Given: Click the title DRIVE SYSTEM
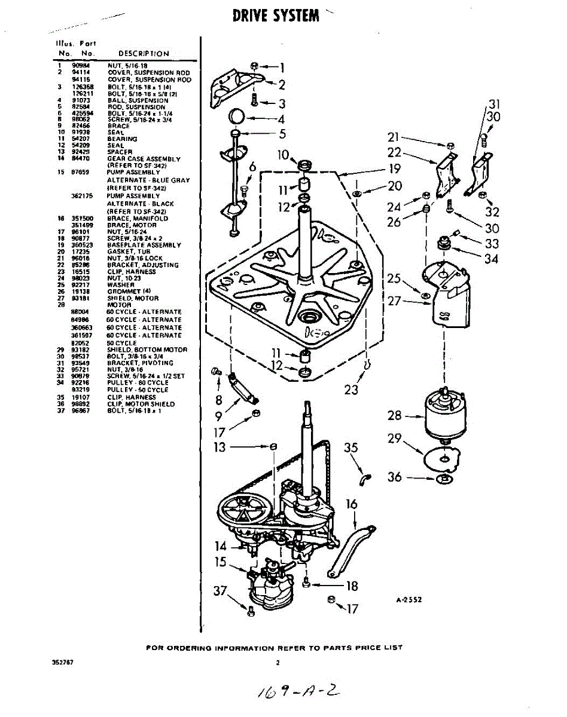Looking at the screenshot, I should click(276, 16).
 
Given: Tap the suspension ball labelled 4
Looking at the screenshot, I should click(238, 115).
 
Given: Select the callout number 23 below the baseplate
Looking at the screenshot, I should click(351, 389).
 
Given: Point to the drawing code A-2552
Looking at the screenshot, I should click(409, 600).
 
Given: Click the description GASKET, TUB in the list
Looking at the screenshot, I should click(129, 252).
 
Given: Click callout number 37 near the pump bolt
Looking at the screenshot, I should click(221, 592).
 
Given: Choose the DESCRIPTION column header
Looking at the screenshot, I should click(144, 53).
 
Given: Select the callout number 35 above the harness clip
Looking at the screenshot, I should click(351, 448).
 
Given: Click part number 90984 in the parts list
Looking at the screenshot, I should click(80, 65).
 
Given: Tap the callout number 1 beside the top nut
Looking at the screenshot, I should click(281, 68).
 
